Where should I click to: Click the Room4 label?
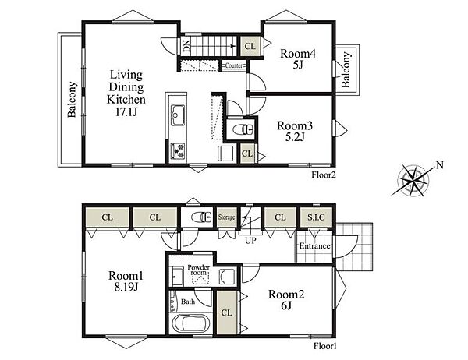point(298,54)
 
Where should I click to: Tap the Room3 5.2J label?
point(295,131)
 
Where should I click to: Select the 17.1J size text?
point(126,112)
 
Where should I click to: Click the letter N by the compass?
point(440,165)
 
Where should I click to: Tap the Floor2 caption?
point(324,175)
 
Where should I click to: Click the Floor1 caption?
point(325,346)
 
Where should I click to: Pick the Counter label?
point(234,65)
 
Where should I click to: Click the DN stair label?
point(186,46)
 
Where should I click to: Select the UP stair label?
point(250,240)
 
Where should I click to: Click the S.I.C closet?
point(316,217)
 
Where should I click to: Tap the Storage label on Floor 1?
point(226,217)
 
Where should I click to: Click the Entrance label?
point(314,246)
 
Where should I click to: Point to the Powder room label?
point(198,270)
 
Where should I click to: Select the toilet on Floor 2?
point(243,130)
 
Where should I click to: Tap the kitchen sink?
point(178,115)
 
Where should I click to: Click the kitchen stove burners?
point(178,150)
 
